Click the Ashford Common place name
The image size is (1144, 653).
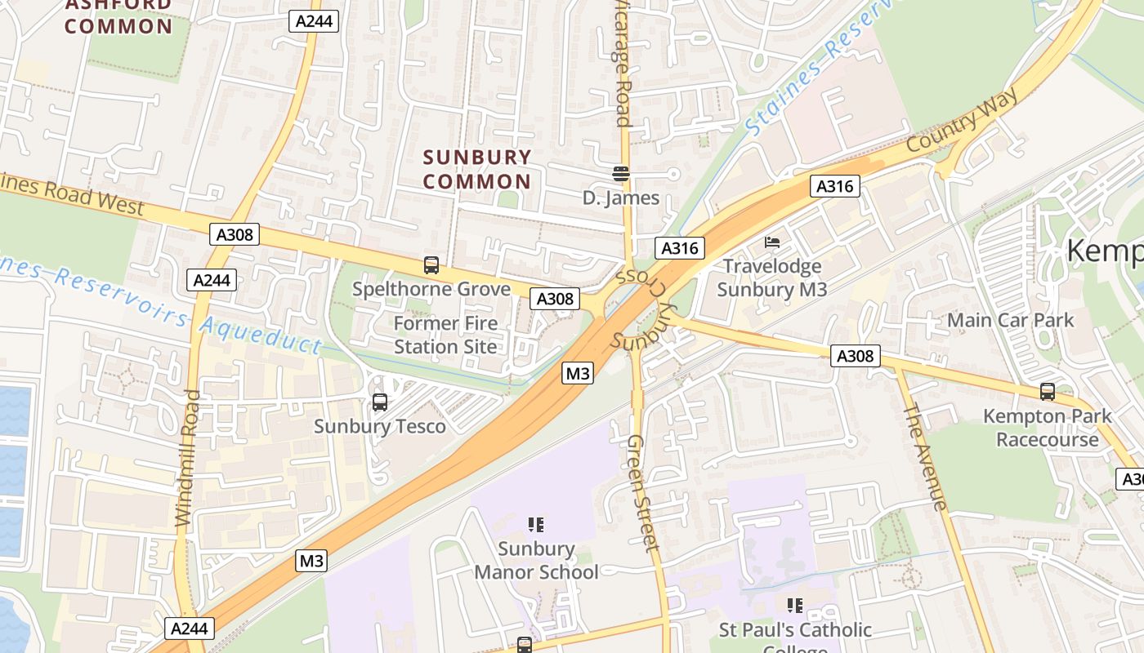[x=118, y=16]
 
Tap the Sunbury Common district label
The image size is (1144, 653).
[x=477, y=169]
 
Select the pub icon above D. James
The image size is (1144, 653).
[x=621, y=174]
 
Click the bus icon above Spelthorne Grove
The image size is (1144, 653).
[x=431, y=265]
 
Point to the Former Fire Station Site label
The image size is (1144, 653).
[x=445, y=335]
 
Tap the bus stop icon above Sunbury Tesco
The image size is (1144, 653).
[x=380, y=402]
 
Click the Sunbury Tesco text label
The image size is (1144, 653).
[x=380, y=426]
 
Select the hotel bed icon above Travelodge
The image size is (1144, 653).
[x=772, y=242]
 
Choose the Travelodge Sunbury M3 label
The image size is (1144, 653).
[x=772, y=278]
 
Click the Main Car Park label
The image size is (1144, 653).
[x=1010, y=320]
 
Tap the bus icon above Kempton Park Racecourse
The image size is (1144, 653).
[x=1048, y=392]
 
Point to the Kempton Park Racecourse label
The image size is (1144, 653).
[x=1047, y=428]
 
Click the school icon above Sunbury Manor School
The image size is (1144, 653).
[x=535, y=524]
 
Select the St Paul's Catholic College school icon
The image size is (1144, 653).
[x=794, y=605]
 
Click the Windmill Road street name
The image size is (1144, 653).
[x=187, y=457]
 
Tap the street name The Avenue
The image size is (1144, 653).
[x=924, y=456]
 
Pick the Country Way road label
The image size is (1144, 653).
[x=963, y=120]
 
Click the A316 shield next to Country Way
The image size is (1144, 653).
[x=835, y=186]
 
